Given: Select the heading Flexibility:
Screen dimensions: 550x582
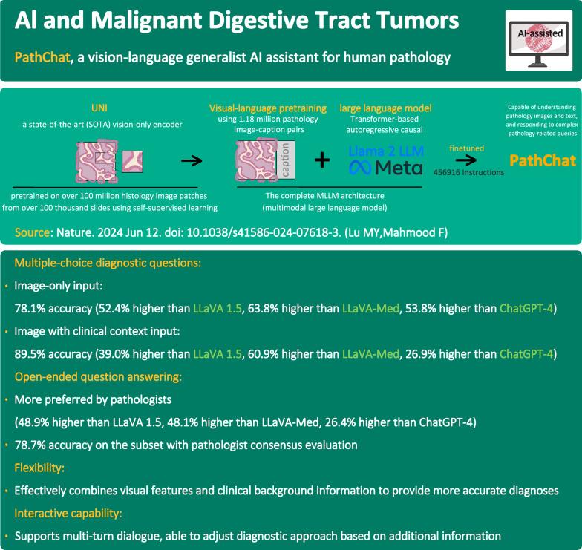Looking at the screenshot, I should click(x=41, y=468).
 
